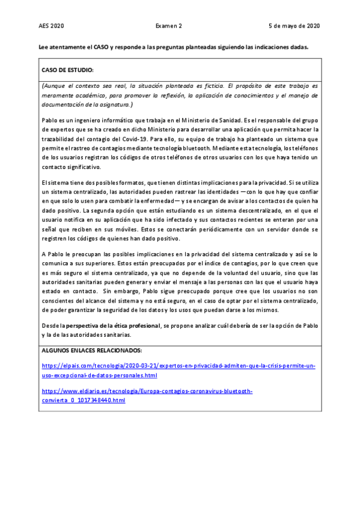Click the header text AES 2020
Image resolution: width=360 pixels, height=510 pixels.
[x=51, y=26]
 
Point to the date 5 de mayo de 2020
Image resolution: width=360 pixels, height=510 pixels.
[x=294, y=26]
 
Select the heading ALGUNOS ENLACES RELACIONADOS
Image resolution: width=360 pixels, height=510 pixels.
[x=91, y=350]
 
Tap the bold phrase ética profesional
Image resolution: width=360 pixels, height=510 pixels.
[x=139, y=325]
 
